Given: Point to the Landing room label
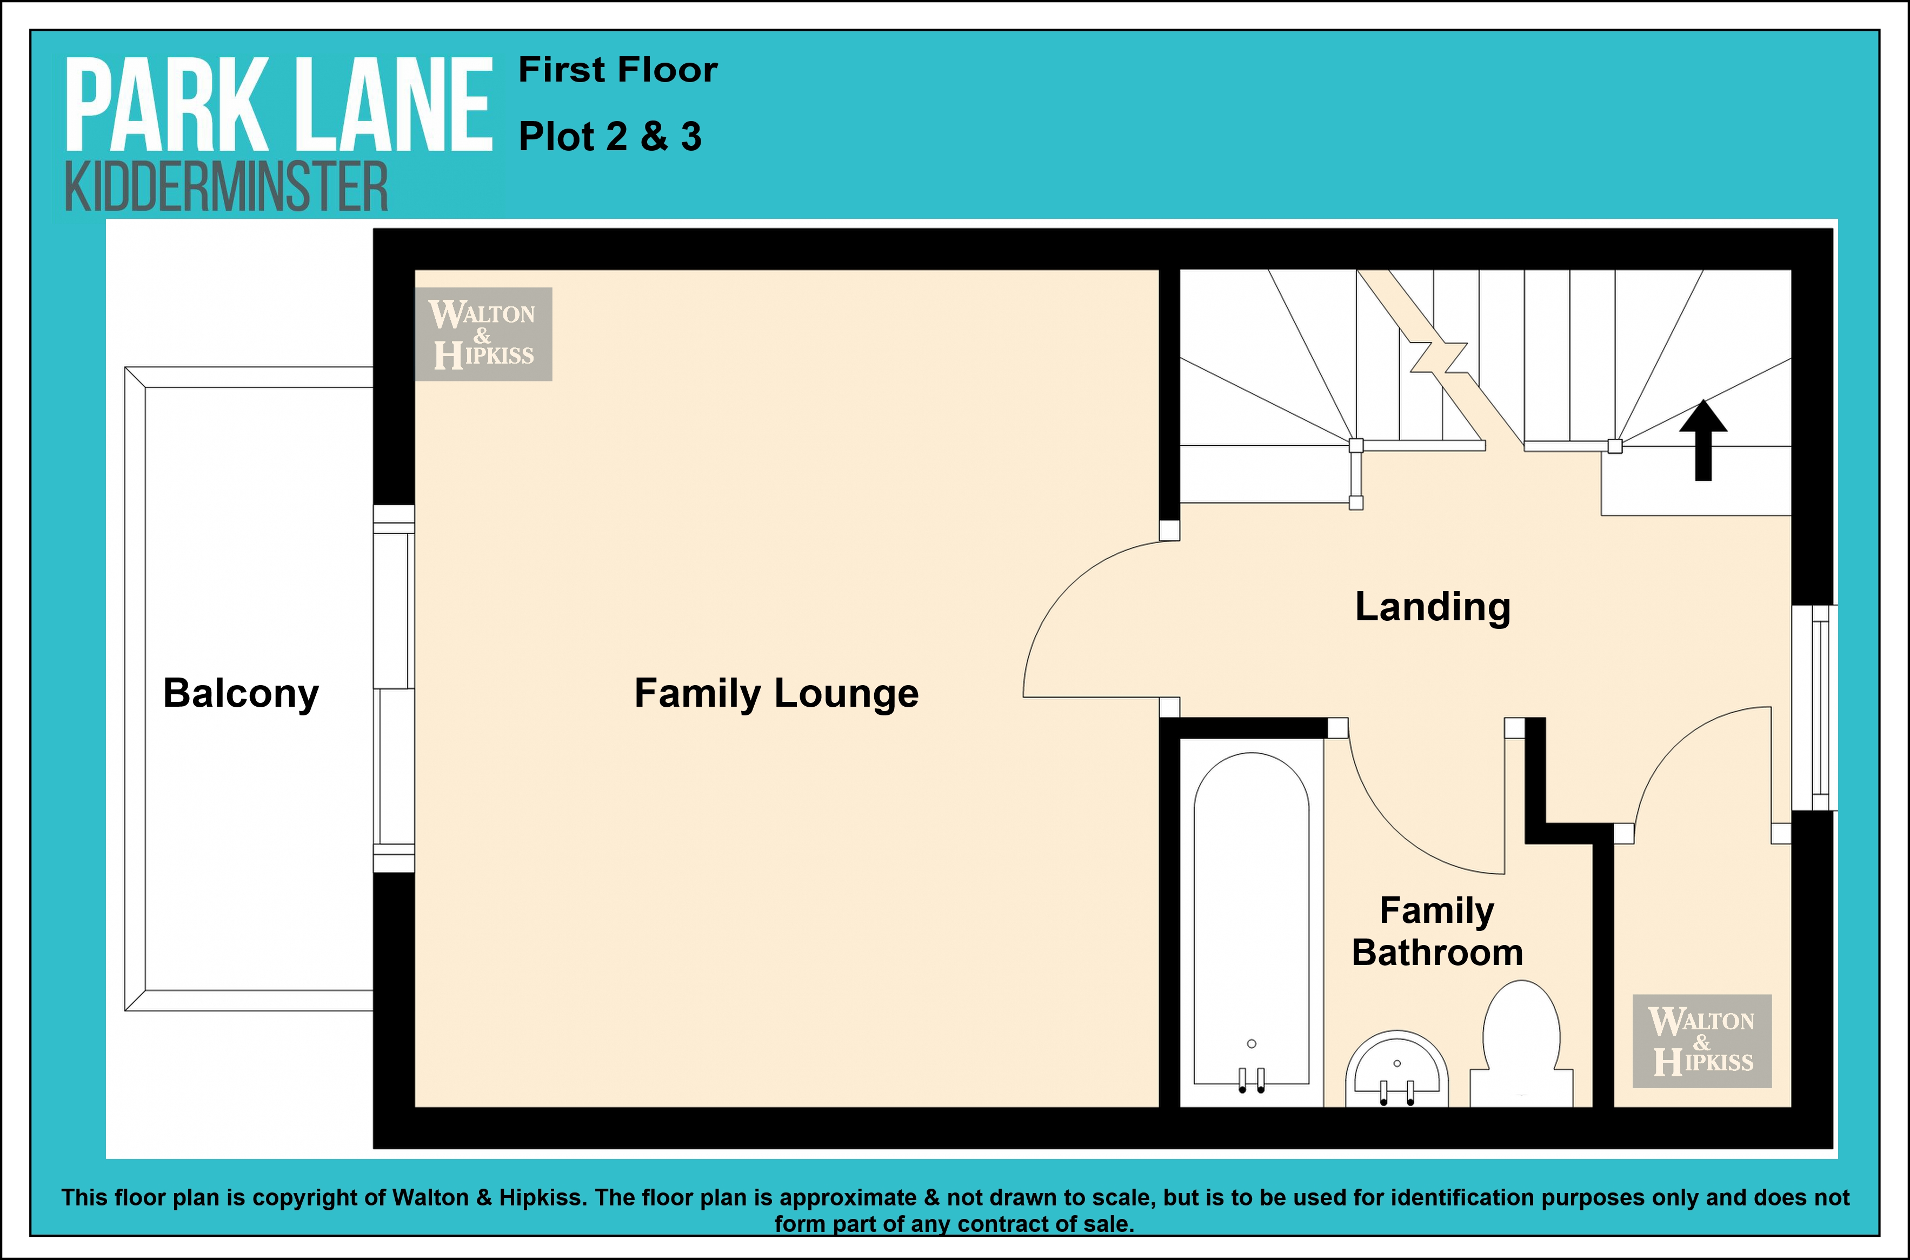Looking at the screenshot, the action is (x=1433, y=607).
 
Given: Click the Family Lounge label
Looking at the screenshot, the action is (x=776, y=693).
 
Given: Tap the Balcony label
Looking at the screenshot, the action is (x=241, y=693).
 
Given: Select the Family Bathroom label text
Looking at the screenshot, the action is (x=1438, y=931).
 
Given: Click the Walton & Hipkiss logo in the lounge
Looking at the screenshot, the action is (x=483, y=333).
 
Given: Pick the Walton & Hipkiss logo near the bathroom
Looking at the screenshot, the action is (x=1702, y=1041).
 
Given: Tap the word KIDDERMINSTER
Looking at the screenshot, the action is (x=226, y=186).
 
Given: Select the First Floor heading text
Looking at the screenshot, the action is (x=617, y=70).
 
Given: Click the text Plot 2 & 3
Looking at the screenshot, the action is (x=610, y=137).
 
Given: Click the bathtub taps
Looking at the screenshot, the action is (x=1251, y=1080).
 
